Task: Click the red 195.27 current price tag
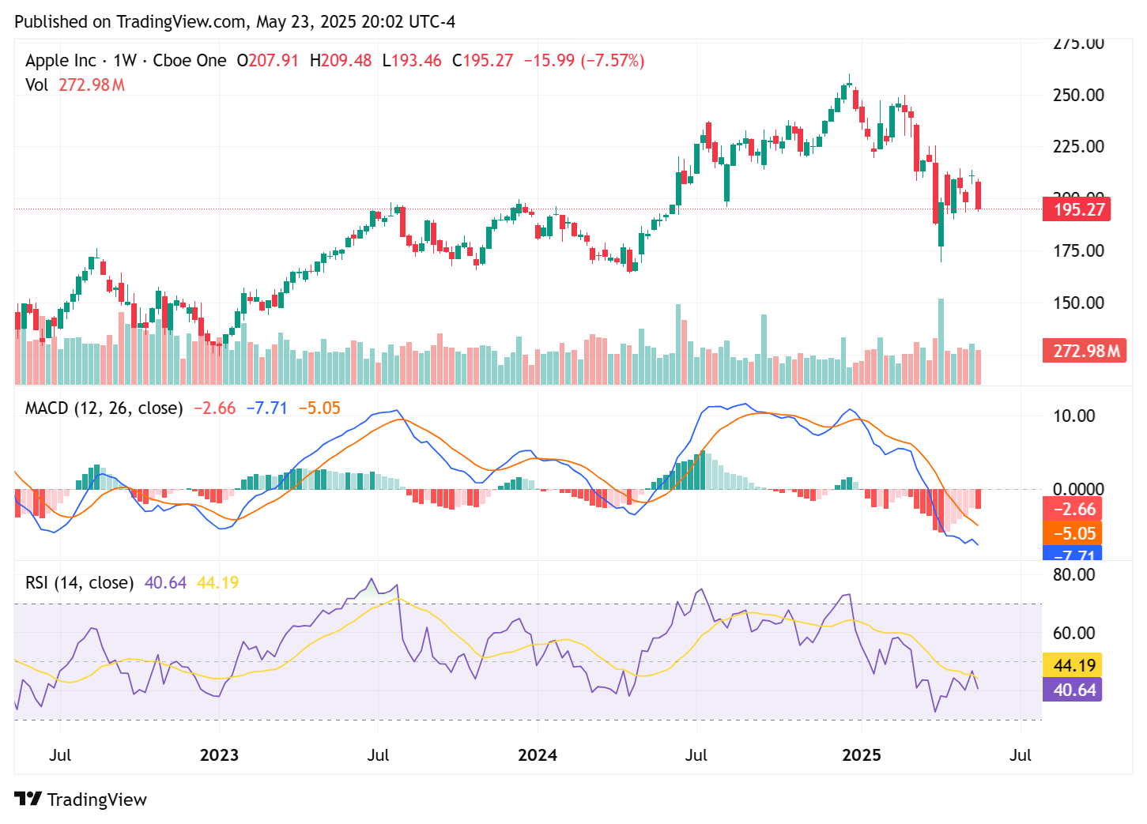click(1077, 209)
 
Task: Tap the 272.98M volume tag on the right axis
click(1085, 351)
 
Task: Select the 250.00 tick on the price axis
click(1078, 95)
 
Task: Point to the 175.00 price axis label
click(1078, 250)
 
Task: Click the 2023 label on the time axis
click(219, 755)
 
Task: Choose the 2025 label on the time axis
click(861, 755)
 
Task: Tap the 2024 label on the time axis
click(537, 755)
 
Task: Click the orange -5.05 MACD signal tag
click(1073, 533)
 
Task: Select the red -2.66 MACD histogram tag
click(1073, 510)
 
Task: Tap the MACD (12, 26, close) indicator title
click(104, 408)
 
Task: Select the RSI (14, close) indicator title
click(79, 583)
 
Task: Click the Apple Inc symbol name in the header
click(61, 61)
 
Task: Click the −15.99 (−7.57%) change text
click(584, 61)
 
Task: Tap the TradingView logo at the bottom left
click(81, 800)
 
